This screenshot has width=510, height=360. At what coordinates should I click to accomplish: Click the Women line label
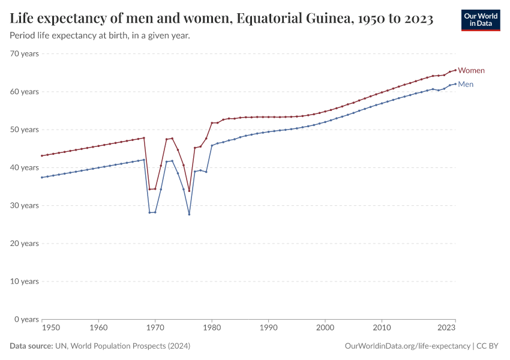pos(471,71)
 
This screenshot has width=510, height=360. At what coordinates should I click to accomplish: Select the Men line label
pos(466,85)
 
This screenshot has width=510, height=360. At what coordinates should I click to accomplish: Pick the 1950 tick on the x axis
pos(51,328)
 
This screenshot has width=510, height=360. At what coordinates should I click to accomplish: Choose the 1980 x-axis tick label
pos(211,328)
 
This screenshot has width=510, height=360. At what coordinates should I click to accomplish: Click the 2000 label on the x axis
pos(325,328)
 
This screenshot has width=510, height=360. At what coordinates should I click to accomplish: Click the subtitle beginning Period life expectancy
pos(100,36)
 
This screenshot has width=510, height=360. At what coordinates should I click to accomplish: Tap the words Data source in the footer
pos(31,346)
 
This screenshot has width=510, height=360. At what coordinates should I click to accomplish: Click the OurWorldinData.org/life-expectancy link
pos(408,346)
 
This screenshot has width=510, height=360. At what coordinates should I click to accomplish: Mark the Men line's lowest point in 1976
pos(189,214)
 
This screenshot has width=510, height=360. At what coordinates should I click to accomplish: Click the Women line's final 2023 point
pos(455,70)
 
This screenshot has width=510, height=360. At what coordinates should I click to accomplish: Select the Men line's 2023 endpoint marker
pos(455,83)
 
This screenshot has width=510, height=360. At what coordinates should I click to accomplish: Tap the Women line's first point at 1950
pos(42,155)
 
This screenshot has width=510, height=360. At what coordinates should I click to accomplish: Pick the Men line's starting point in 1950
pos(42,178)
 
